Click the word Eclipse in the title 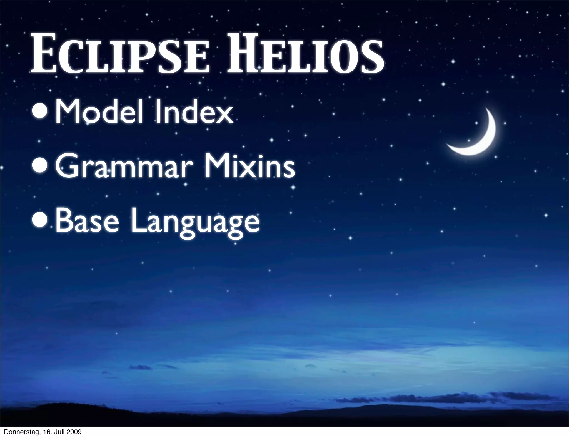(x=119, y=56)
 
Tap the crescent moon (x=478, y=136)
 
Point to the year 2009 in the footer (x=73, y=432)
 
